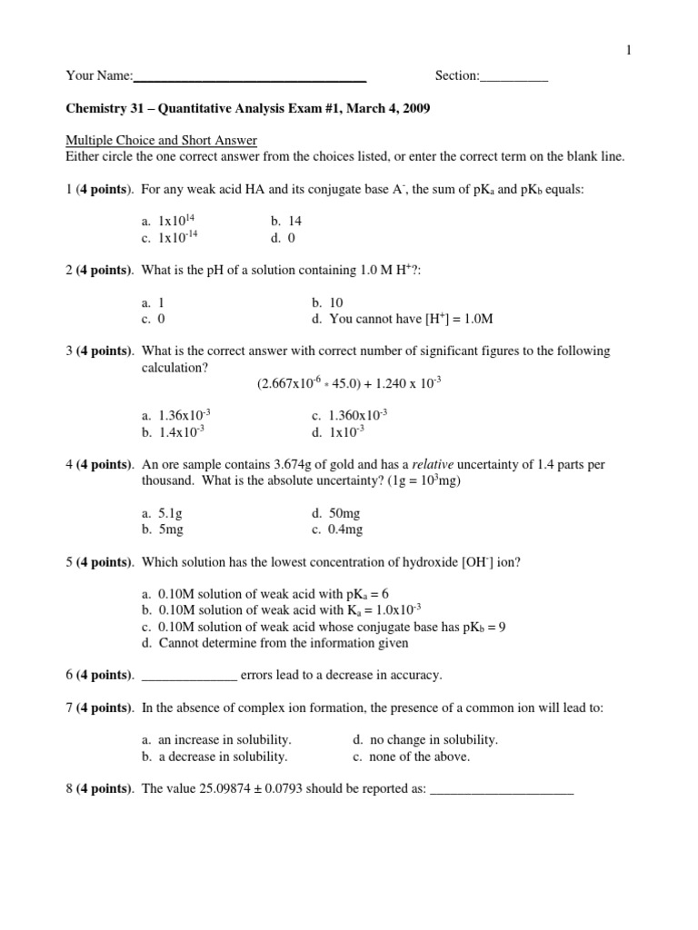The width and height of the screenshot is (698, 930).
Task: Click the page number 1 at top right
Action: coord(627,51)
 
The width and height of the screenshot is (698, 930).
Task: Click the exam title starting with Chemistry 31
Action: coord(248,109)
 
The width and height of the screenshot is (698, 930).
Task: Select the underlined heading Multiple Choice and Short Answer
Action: coord(162,141)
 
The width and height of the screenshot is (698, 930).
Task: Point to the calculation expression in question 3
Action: coord(349,383)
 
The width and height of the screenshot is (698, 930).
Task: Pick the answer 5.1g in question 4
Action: coord(158,513)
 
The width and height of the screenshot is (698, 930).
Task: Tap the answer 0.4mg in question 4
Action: coord(336,530)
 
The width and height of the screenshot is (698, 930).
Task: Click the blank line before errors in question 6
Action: coord(191,676)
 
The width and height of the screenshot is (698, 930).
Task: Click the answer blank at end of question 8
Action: coord(501,790)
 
